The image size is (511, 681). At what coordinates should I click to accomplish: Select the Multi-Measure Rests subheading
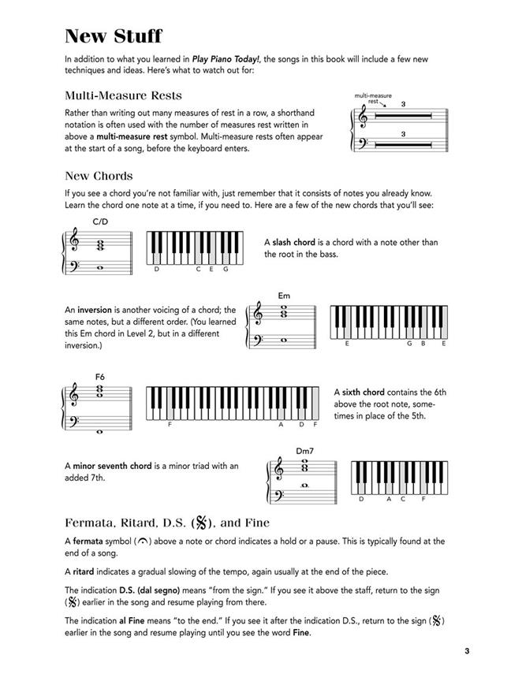click(124, 95)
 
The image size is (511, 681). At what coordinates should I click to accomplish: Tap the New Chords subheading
click(99, 175)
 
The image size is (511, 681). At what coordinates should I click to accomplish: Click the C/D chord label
click(100, 222)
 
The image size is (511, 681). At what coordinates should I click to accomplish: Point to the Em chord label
click(284, 296)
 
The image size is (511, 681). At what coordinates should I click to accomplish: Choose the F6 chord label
click(100, 377)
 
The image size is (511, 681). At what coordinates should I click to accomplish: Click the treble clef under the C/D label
click(75, 242)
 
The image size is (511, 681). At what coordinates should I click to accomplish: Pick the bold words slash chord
click(293, 243)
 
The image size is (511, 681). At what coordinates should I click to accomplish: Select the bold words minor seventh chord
click(112, 466)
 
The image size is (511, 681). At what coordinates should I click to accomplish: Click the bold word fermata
click(91, 541)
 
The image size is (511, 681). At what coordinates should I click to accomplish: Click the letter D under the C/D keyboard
click(157, 270)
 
